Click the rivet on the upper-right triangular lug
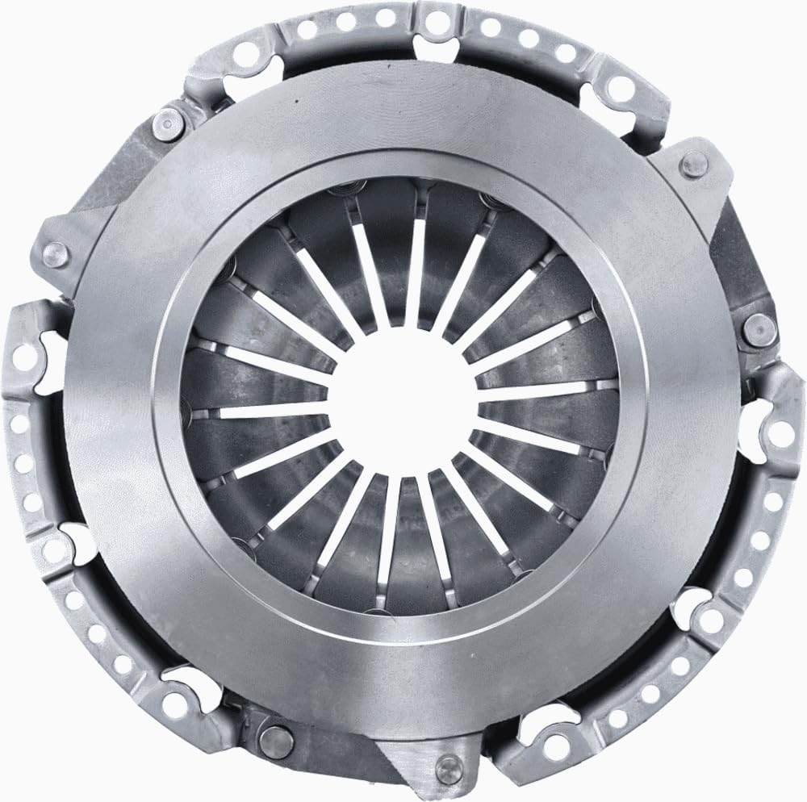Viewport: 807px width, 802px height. pos(689,167)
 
